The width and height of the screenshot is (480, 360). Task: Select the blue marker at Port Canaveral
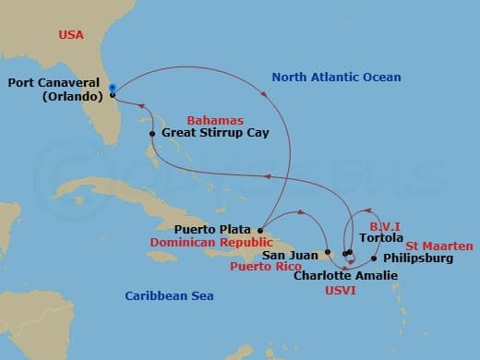pyautogui.click(x=112, y=89)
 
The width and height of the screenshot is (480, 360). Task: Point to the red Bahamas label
pyautogui.click(x=214, y=120)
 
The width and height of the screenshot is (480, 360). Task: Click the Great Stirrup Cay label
pyautogui.click(x=215, y=133)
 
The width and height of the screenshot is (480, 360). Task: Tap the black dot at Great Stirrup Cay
pyautogui.click(x=152, y=134)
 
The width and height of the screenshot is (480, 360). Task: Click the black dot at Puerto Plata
pyautogui.click(x=261, y=230)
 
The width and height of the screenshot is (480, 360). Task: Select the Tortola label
pyautogui.click(x=380, y=237)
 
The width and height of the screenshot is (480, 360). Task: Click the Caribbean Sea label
pyautogui.click(x=170, y=295)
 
